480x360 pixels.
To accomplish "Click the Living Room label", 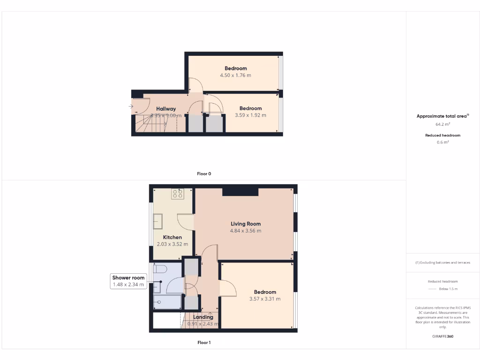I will coord(246,224).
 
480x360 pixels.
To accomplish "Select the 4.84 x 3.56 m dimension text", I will coord(246,231).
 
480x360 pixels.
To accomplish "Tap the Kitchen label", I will coord(172,237).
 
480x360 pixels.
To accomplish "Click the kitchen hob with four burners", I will coord(178,194).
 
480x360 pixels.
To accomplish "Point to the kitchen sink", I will coord(158,221).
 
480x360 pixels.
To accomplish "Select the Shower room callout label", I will coord(128,277).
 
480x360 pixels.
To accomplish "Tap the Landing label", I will coord(203,317).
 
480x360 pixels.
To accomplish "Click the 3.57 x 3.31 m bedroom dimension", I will coord(265,299).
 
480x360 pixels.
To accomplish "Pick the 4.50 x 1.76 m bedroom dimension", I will coord(235,75).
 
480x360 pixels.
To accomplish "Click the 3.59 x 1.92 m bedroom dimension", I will coord(250,115).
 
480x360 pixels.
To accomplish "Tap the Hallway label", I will coord(166,109).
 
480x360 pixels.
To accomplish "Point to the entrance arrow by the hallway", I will coord(131,106).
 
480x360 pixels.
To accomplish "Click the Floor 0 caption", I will coord(204,173).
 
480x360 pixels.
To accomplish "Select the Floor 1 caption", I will coord(204,343).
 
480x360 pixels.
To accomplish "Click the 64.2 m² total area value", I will coord(442,125).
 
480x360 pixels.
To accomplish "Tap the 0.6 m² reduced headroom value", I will coord(442,142).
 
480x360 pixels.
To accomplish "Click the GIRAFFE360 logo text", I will coord(442,336).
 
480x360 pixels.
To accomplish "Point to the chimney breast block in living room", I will coord(240,191).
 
